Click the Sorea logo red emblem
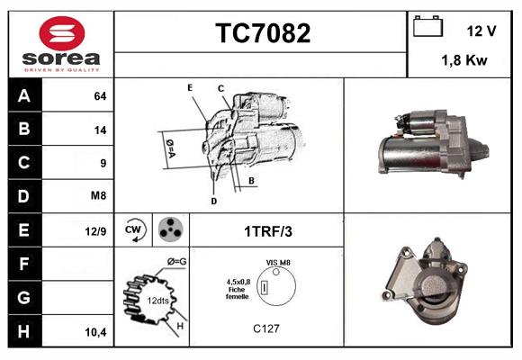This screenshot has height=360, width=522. coord(59,35)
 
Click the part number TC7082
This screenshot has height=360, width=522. coord(262,33)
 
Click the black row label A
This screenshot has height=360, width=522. coord(23,96)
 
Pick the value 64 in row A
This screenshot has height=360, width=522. coord(100,96)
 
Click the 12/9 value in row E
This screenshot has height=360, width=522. coord(95,231)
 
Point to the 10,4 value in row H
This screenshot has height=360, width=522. coord(95,332)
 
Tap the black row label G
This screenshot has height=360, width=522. coord(23,296)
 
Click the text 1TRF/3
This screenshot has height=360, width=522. coord(267,231)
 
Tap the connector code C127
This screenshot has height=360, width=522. coord(266,328)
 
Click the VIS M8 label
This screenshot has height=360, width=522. coord(279,262)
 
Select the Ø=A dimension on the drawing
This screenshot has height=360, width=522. coord(168,144)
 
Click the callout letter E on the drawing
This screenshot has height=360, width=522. coord(190,87)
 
